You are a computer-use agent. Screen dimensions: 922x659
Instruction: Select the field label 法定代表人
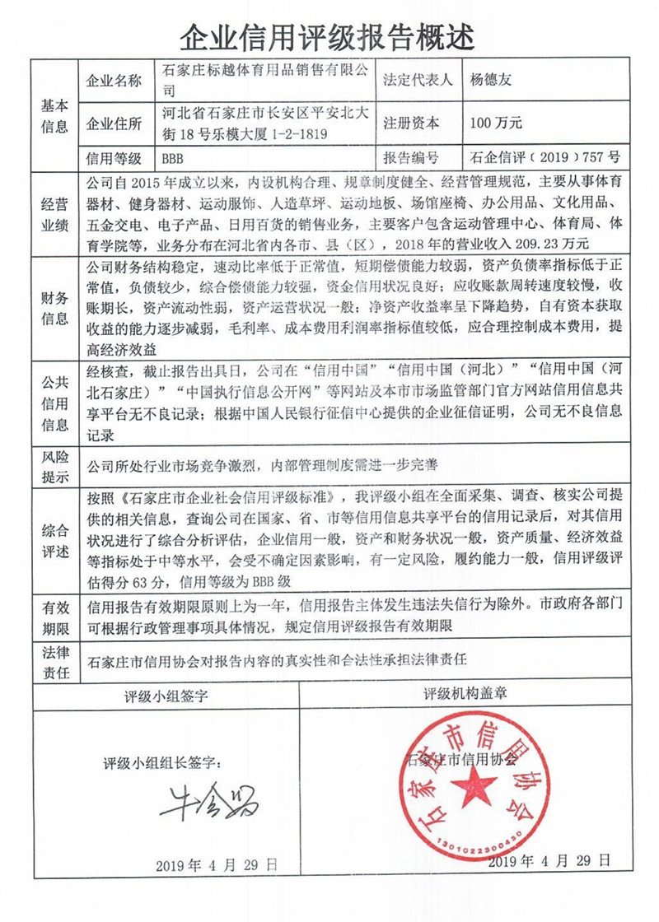pyautogui.click(x=418, y=81)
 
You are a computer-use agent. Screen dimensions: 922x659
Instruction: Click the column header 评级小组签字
pyautogui.click(x=166, y=693)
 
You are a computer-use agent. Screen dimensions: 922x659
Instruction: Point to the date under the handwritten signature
pyautogui.click(x=217, y=866)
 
